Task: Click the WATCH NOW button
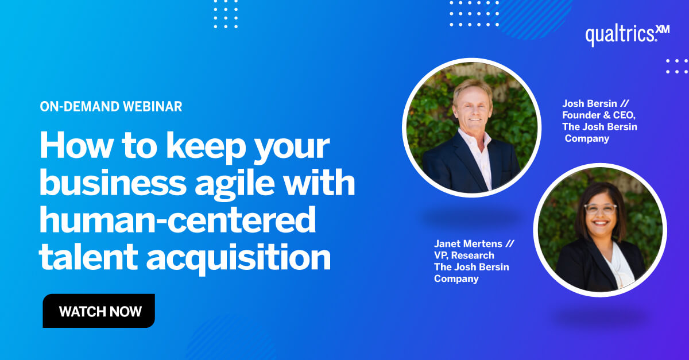pos(99,311)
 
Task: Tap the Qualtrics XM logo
pos(627,36)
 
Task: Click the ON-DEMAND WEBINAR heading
pos(111,106)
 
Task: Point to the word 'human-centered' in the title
pos(178,219)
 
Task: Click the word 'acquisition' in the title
pos(238,257)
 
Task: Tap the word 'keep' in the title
pos(206,146)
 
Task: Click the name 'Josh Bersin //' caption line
pos(595,104)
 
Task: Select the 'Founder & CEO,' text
pos(599,115)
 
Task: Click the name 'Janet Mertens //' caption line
pos(474,243)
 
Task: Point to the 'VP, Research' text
pos(464,256)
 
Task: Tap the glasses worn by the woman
pos(601,209)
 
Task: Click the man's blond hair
pos(472,88)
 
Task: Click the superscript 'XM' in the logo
pos(663,29)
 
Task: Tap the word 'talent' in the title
pos(88,256)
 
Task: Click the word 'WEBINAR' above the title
pos(153,106)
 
